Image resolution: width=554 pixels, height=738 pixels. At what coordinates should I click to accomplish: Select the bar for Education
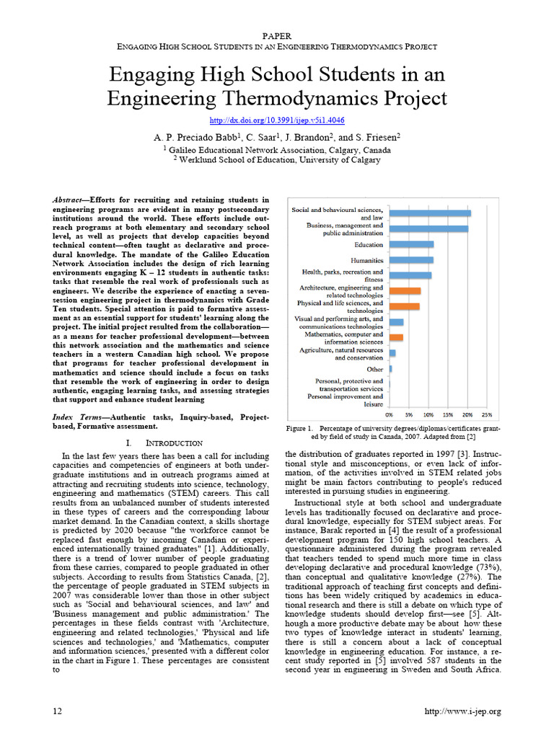[412, 244]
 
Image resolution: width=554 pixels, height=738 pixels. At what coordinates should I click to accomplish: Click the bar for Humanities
[411, 259]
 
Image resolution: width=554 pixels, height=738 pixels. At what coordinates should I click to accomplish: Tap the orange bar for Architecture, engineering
[405, 290]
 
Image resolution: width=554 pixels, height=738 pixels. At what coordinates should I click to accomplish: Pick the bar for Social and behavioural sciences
[430, 213]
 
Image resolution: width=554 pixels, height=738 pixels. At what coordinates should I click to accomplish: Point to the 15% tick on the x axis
[447, 415]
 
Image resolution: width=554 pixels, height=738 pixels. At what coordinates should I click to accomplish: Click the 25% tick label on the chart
[486, 415]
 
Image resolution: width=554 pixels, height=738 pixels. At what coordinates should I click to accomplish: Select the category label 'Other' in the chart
[374, 369]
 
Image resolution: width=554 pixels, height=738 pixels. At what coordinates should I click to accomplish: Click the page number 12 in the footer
[58, 711]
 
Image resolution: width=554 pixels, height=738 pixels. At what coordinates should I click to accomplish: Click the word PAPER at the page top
[277, 35]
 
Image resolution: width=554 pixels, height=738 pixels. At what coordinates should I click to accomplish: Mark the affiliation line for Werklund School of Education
[277, 160]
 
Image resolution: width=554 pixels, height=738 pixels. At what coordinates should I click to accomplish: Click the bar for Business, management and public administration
[428, 228]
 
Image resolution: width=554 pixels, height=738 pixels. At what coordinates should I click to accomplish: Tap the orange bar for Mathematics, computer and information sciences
[396, 337]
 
